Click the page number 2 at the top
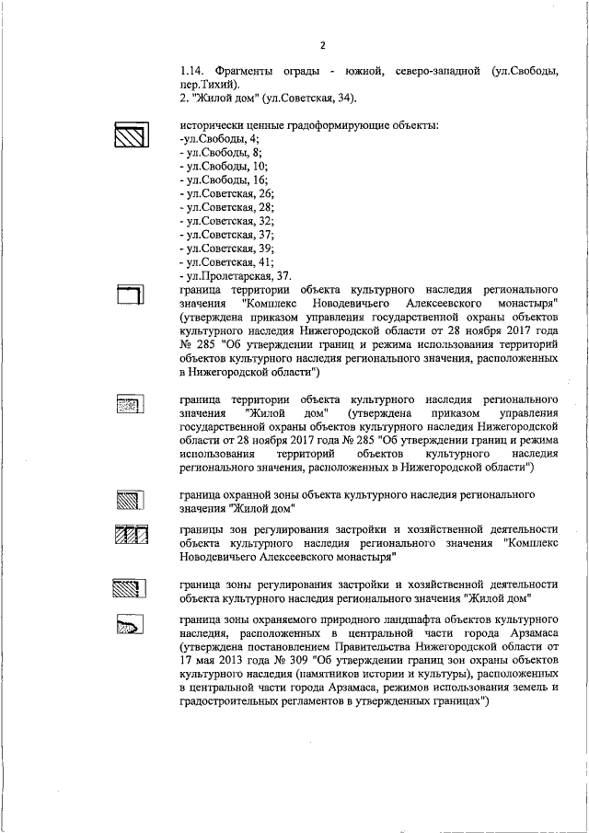click(x=322, y=47)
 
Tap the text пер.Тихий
click(x=211, y=84)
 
